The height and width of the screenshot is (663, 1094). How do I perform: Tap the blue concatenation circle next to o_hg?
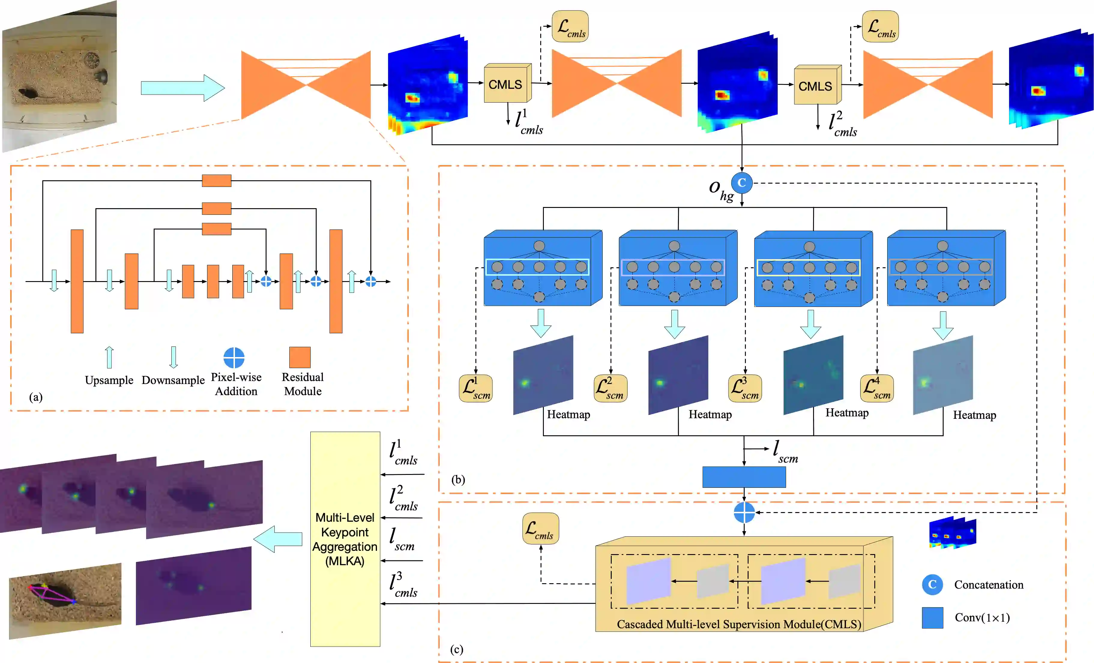point(741,183)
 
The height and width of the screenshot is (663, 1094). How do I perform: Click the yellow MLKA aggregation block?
point(345,539)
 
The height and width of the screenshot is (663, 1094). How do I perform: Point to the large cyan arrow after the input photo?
point(182,88)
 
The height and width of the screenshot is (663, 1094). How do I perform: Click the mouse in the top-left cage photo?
point(28,94)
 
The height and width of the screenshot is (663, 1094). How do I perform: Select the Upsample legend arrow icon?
point(109,357)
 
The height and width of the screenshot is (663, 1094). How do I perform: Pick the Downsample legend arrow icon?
point(173,357)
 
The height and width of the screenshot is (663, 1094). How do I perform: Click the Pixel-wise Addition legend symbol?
point(234,358)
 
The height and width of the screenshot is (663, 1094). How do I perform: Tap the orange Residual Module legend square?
point(300,357)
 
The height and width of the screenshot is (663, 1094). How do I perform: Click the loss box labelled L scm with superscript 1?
point(475,388)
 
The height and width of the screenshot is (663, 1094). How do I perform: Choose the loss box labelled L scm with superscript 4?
point(876,388)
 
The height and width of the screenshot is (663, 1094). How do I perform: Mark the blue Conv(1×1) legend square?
point(933,617)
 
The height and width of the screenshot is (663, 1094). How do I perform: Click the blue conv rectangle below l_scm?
point(744,477)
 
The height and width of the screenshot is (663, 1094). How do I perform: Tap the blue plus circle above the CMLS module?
point(744,513)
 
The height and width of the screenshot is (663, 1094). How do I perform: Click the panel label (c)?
point(457,649)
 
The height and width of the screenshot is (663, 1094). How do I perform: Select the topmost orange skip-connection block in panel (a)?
point(217,181)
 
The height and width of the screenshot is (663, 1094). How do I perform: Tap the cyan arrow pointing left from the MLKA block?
point(278,539)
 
